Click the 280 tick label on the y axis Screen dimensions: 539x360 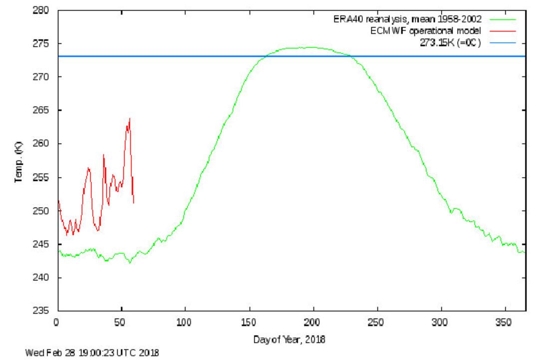click(x=40, y=10)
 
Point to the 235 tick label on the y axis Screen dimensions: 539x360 click(x=40, y=311)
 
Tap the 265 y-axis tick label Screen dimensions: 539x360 click(x=40, y=110)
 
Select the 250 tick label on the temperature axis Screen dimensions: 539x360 click(x=40, y=211)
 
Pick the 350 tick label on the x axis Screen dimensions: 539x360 click(x=504, y=323)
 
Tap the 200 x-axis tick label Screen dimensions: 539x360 click(x=312, y=323)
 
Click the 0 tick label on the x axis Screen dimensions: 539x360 click(x=56, y=323)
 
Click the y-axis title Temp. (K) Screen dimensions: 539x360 click(x=18, y=162)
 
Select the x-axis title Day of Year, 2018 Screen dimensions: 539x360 click(x=289, y=340)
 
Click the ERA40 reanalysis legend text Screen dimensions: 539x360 click(x=407, y=19)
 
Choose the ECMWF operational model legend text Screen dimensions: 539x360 click(x=426, y=31)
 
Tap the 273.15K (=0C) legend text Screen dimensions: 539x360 click(x=450, y=43)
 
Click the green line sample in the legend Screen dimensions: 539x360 click(x=503, y=19)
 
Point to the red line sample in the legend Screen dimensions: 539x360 click(x=503, y=31)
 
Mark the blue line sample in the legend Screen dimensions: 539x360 click(x=503, y=43)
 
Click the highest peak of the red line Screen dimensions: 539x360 click(x=130, y=118)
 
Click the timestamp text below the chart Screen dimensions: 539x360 click(x=92, y=353)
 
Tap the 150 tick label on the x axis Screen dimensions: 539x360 click(x=248, y=323)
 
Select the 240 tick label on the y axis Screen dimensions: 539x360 click(x=40, y=278)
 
